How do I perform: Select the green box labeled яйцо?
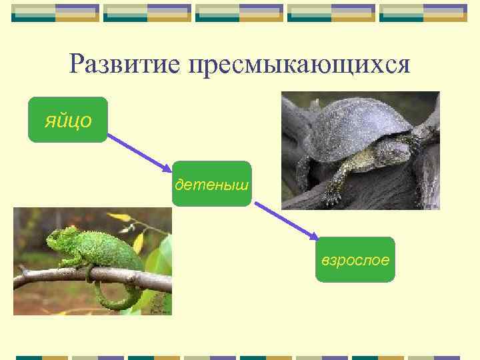pyautogui.click(x=67, y=120)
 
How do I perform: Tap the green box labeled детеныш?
pyautogui.click(x=212, y=183)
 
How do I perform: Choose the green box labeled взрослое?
pyautogui.click(x=355, y=259)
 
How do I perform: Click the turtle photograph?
pyautogui.click(x=360, y=151)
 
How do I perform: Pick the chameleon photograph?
pyautogui.click(x=92, y=261)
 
